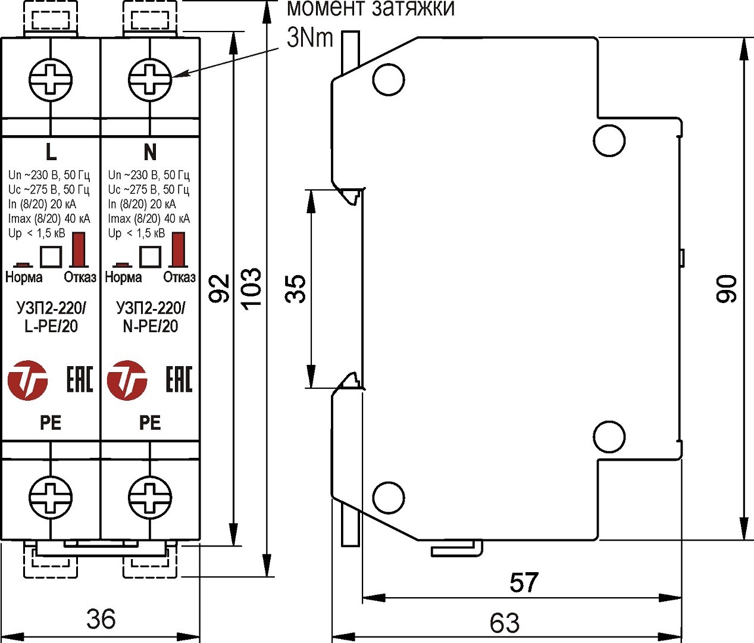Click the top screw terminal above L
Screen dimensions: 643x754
coord(51,79)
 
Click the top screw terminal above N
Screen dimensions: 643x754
coord(150,79)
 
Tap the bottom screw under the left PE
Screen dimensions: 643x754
coord(51,496)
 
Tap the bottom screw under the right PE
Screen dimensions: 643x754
coord(150,496)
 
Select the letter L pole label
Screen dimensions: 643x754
coord(51,152)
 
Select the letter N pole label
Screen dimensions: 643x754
coord(150,152)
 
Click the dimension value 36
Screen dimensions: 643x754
coord(101,619)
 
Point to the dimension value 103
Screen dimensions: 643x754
coord(252,288)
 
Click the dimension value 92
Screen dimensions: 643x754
coord(220,288)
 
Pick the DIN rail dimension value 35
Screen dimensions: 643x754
coord(296,289)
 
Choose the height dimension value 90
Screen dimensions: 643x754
coord(727,289)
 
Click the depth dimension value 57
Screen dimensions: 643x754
coord(524,582)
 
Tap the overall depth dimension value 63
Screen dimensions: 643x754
coord(505,623)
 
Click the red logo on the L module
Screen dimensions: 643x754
coord(27,380)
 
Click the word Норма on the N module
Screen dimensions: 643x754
coord(123,277)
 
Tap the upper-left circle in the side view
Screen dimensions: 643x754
coord(389,79)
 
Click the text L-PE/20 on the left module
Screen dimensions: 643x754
coord(51,326)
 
